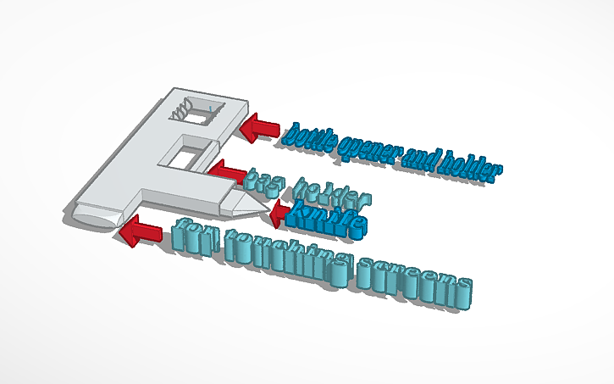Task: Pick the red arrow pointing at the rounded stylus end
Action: click(x=141, y=231)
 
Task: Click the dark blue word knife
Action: click(x=327, y=220)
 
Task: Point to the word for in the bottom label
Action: click(x=195, y=237)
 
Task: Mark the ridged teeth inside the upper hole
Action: click(x=181, y=109)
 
